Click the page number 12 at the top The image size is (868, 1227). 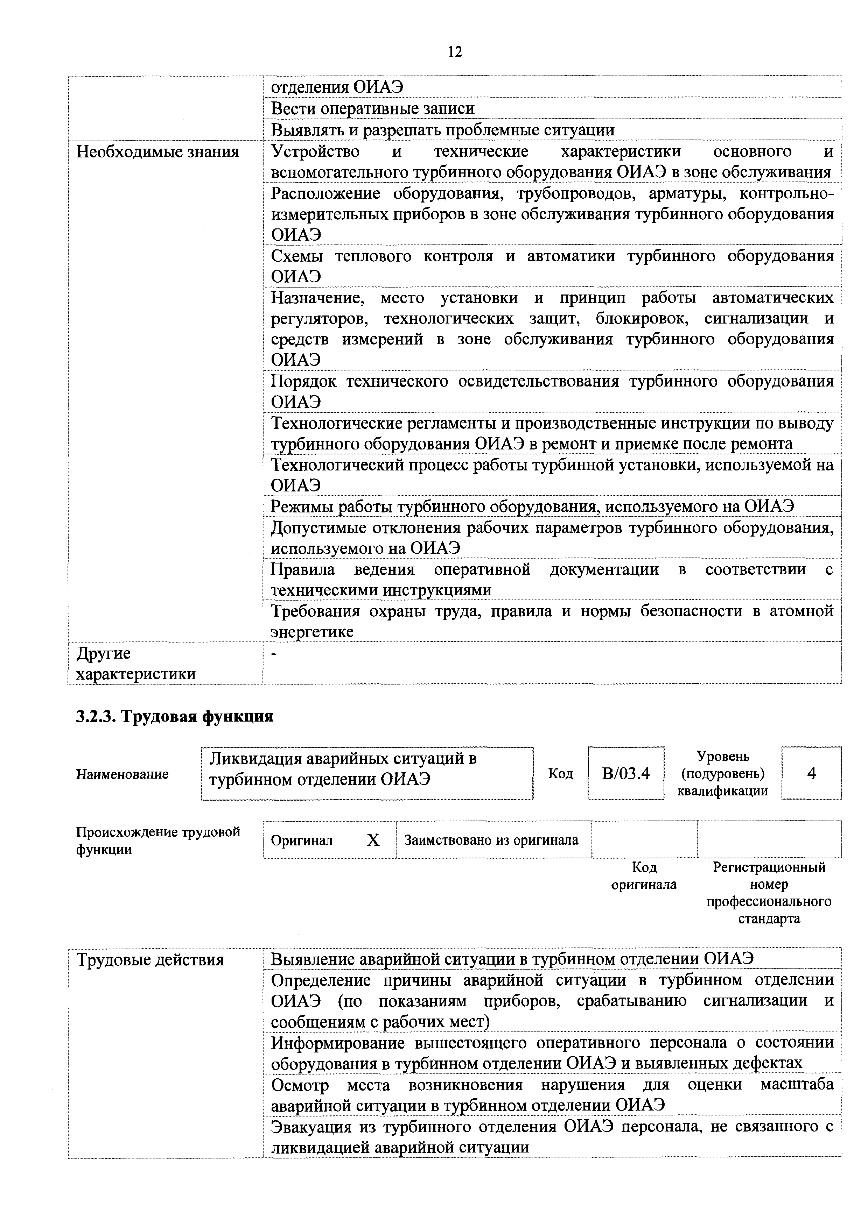click(455, 52)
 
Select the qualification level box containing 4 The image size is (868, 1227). click(811, 773)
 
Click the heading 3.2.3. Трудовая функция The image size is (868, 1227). click(174, 716)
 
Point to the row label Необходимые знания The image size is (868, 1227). click(158, 152)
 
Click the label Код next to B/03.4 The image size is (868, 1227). click(560, 773)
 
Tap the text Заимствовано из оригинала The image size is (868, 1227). click(491, 840)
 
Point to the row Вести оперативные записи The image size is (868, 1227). click(373, 108)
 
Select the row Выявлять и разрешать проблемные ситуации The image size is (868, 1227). click(442, 130)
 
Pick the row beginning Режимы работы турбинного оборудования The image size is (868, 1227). click(532, 506)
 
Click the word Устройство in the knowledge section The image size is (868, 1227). click(316, 152)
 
